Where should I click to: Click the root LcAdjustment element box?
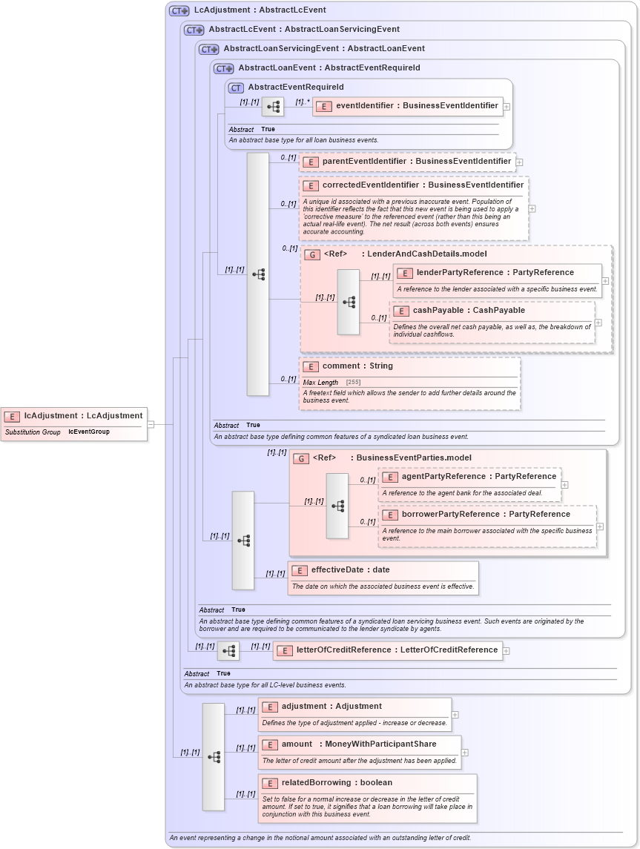tap(74, 416)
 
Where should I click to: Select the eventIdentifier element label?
tap(417, 106)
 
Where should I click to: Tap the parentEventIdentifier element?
tap(416, 161)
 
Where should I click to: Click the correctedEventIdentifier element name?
tap(423, 185)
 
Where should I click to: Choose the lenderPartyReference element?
tap(495, 273)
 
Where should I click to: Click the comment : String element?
tap(357, 366)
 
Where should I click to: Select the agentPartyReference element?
tap(478, 477)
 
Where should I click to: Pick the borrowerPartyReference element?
tap(486, 515)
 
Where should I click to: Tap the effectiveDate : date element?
tap(350, 570)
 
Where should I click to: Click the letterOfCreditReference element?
tap(397, 650)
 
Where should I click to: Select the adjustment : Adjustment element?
tap(331, 707)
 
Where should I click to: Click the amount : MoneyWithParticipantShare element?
tap(359, 744)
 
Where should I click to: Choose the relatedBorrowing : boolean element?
tap(337, 783)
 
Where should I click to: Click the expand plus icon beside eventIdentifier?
tap(507, 107)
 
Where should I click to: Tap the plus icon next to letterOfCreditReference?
tap(507, 651)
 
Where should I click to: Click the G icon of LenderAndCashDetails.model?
tap(312, 254)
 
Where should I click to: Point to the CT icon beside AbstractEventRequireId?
tap(236, 87)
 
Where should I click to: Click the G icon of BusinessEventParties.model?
tap(301, 459)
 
